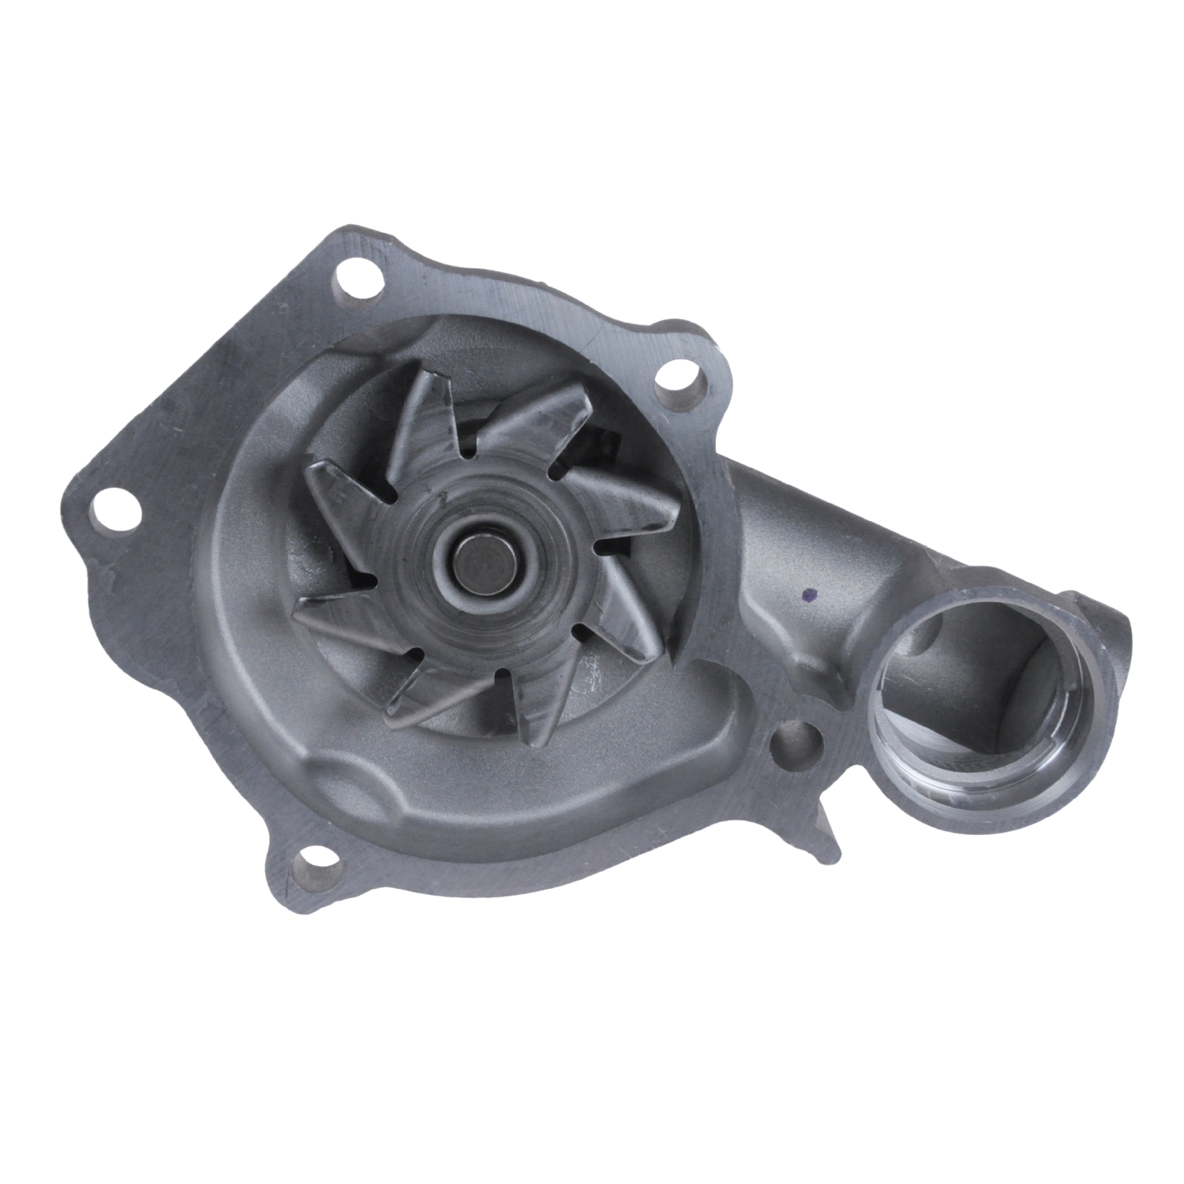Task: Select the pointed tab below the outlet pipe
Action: [x=829, y=837]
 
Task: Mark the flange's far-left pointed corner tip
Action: [x=63, y=505]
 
